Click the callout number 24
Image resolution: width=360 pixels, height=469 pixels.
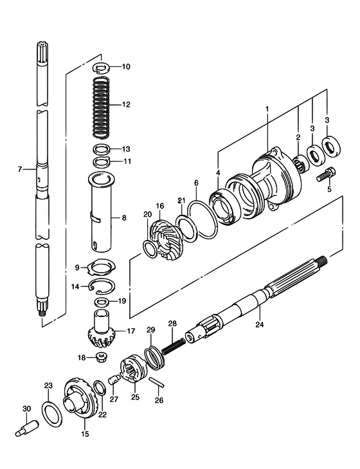(260, 324)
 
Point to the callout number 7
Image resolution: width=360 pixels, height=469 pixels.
(20, 169)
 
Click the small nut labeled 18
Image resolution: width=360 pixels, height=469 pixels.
(100, 357)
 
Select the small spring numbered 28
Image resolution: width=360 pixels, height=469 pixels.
(174, 346)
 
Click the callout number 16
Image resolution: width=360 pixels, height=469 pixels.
(160, 206)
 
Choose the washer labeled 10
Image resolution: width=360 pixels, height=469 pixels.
(102, 68)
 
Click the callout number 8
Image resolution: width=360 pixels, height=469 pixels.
(124, 217)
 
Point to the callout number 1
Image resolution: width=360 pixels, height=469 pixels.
(267, 108)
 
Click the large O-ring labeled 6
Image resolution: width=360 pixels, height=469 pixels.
(203, 220)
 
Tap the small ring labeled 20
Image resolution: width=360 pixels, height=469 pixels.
(150, 249)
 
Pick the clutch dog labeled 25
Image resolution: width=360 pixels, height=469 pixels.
(134, 368)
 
